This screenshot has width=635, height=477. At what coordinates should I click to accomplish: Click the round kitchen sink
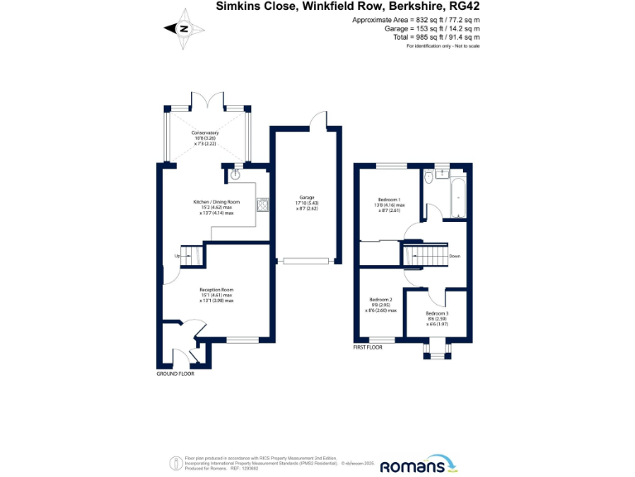(x=235, y=175)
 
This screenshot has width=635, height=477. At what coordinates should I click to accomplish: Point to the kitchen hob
(x=263, y=205)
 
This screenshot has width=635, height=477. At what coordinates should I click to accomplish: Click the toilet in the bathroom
(x=427, y=179)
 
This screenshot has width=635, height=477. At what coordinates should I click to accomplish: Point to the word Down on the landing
(x=455, y=256)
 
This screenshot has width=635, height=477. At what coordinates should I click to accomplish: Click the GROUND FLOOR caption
(x=175, y=374)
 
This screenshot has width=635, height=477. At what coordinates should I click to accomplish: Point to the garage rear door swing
(x=317, y=123)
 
